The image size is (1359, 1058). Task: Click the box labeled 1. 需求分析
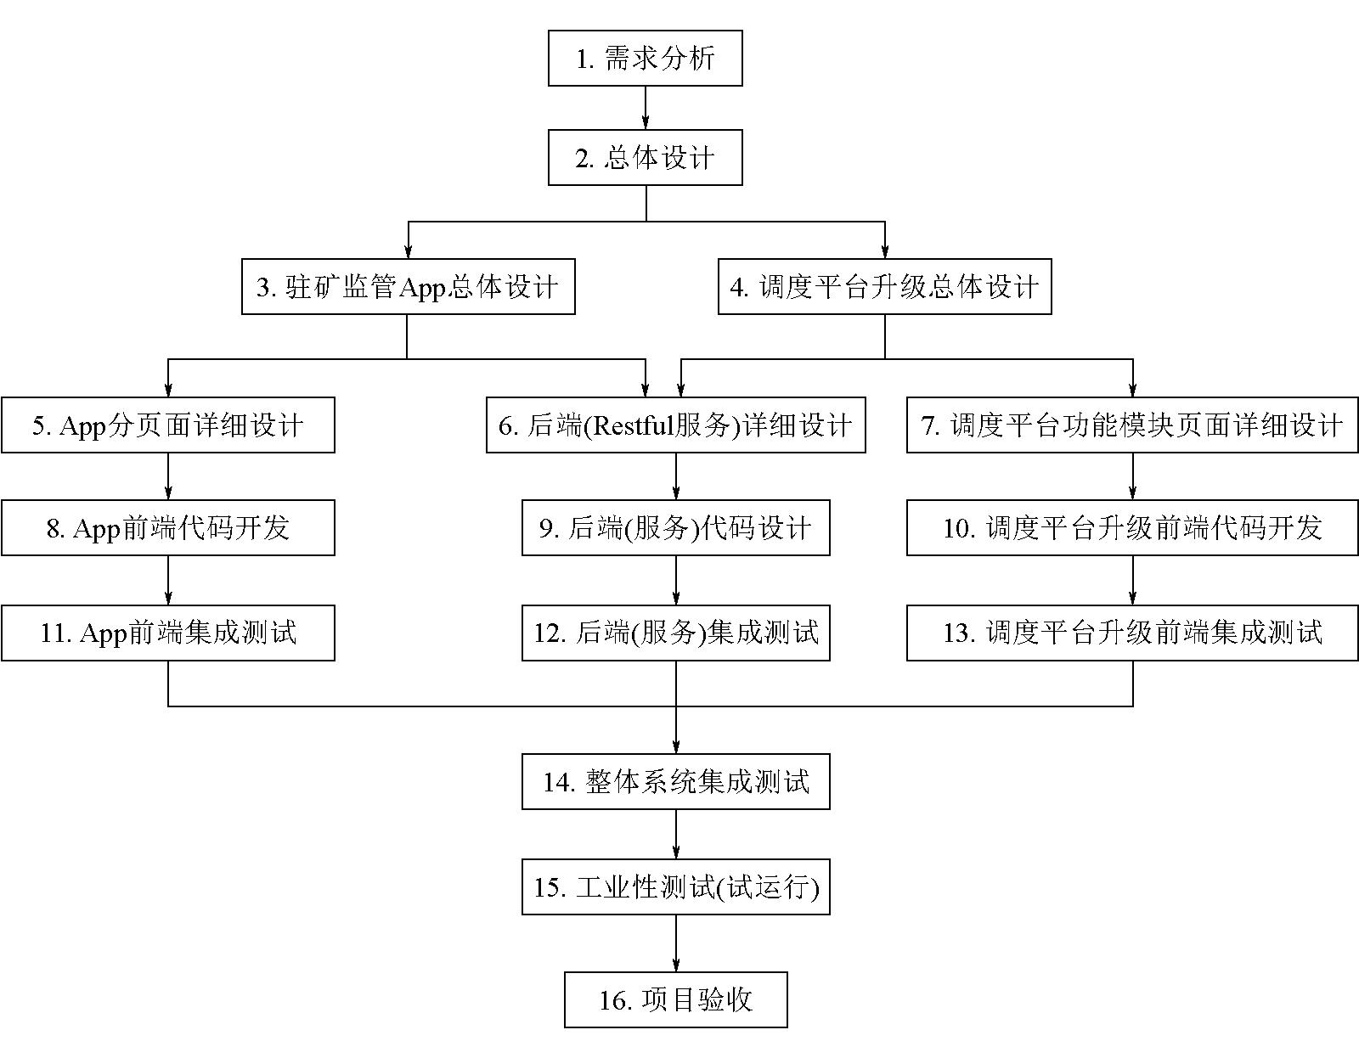(x=645, y=58)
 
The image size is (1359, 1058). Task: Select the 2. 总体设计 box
(x=645, y=157)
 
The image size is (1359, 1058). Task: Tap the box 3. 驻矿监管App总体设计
(x=408, y=287)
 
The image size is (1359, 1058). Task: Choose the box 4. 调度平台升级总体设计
(x=884, y=287)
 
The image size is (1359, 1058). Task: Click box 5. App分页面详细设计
(x=167, y=425)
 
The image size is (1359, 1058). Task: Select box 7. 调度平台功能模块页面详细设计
(x=1132, y=425)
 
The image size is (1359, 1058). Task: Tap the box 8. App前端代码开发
(x=167, y=527)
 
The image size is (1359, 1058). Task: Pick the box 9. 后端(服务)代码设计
(x=675, y=527)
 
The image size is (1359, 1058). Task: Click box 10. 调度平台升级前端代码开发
(x=1132, y=527)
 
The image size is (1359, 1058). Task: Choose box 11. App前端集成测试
(x=167, y=633)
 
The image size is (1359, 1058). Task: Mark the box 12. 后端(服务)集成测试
(x=675, y=633)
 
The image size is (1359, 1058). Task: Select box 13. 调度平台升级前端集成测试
(x=1132, y=633)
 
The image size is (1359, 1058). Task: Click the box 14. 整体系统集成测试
(x=675, y=781)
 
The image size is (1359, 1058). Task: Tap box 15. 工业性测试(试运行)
(x=675, y=886)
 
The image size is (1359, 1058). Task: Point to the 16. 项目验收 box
(x=675, y=1000)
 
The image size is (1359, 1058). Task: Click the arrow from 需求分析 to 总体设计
(x=646, y=108)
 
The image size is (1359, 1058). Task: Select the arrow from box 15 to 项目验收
(x=676, y=943)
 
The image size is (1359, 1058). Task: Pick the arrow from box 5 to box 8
(x=167, y=476)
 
